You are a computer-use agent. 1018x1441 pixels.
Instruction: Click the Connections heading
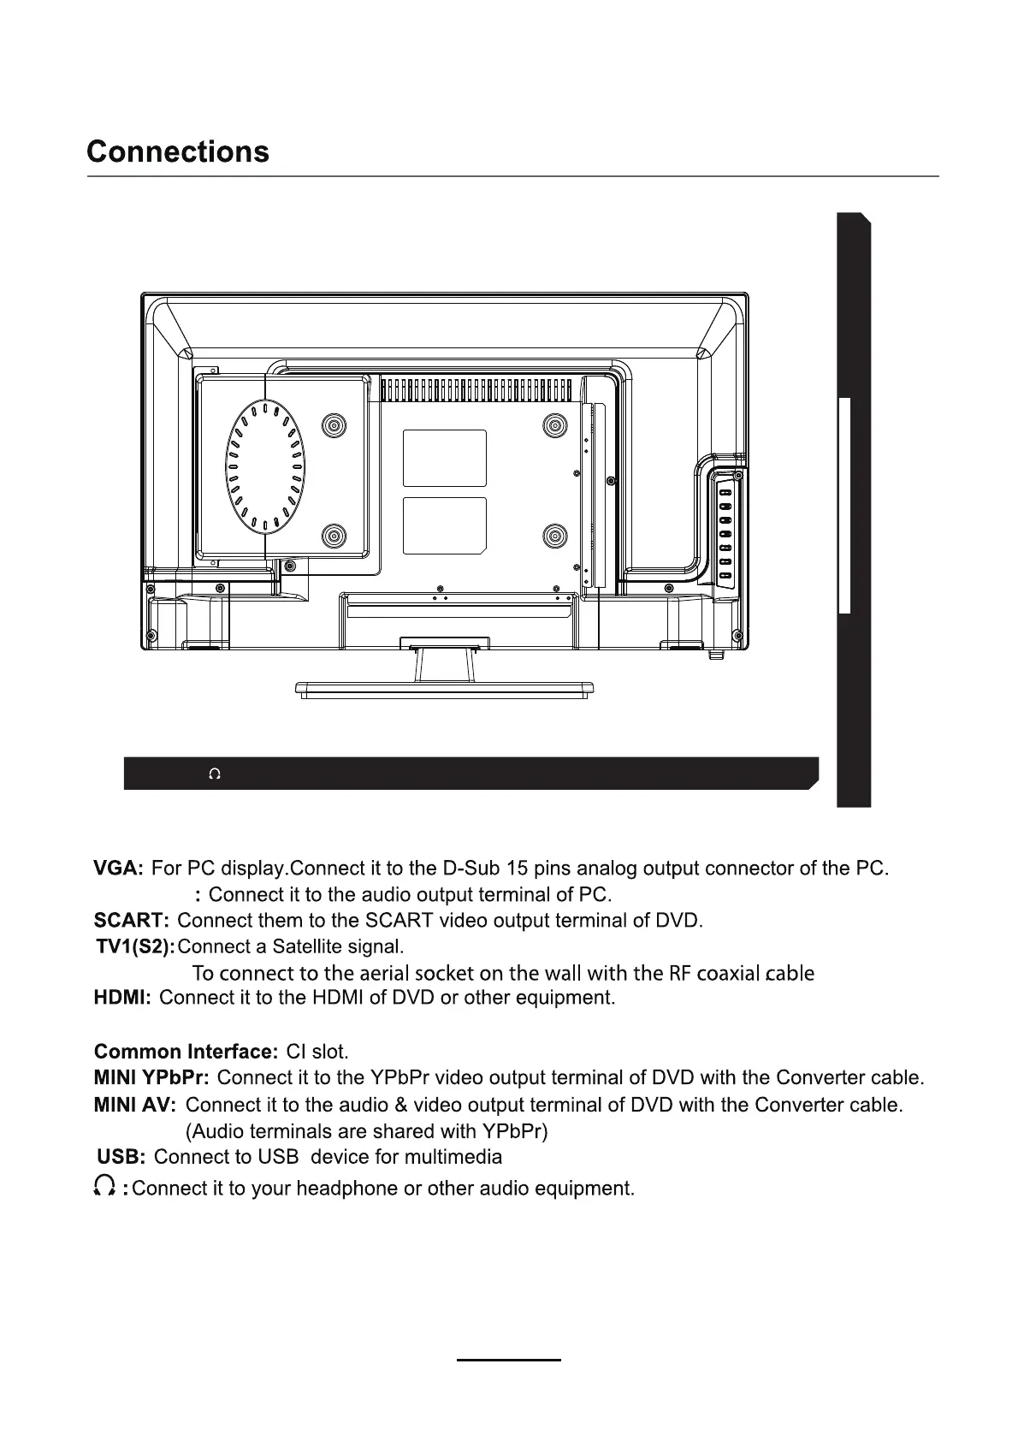178,151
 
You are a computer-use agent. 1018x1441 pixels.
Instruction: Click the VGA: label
118,869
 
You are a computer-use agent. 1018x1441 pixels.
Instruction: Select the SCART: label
132,921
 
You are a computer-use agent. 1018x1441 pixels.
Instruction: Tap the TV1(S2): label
135,946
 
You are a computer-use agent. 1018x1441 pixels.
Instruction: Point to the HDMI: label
122,998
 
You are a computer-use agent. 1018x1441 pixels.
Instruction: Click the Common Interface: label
186,1052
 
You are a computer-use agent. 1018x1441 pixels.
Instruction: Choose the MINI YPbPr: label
151,1077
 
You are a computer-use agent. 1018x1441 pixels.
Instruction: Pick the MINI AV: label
134,1105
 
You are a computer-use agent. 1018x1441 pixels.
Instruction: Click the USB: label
121,1157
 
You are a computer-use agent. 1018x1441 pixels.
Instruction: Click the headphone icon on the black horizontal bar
215,774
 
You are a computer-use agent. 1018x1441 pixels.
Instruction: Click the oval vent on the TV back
265,466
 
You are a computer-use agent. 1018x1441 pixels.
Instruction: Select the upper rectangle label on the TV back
444,458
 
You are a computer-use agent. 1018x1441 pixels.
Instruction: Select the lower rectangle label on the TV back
444,525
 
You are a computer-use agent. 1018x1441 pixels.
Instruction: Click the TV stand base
444,689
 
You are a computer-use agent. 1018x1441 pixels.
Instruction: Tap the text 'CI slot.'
317,1052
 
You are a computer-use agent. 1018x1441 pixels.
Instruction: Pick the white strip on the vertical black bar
844,505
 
